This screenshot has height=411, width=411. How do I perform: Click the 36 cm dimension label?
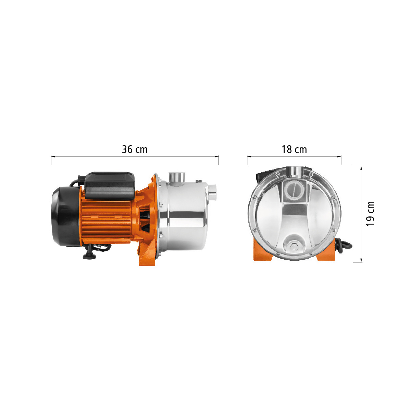coord(135,149)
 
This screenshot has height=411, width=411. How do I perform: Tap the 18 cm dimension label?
coord(294,149)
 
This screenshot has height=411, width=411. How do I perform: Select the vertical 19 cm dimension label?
coord(370,214)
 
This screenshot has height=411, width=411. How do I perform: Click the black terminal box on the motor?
coord(110,186)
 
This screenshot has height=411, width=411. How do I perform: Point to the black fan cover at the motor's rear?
coord(65,217)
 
